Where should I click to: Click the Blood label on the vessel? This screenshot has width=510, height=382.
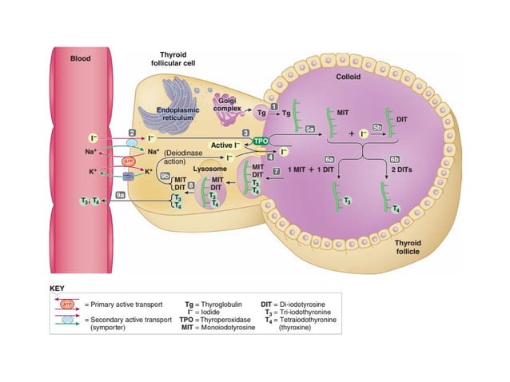(x=81, y=58)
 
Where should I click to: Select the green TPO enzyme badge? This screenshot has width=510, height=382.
(x=261, y=141)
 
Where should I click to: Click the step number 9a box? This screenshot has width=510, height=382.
(x=120, y=193)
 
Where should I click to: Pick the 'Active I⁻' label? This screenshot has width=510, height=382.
(x=226, y=145)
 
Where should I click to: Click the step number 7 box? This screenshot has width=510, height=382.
(x=276, y=171)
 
